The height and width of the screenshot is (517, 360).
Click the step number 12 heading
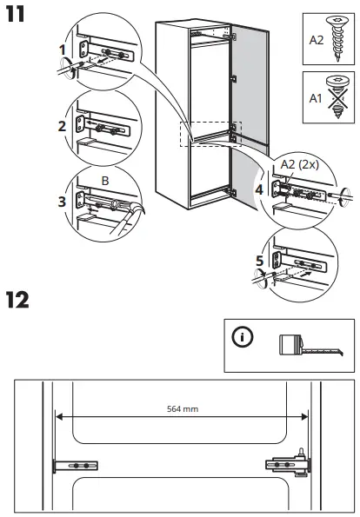coord(18,301)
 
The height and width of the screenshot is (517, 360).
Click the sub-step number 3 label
coord(62,202)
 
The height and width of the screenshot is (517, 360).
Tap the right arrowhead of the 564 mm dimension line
coord(303,414)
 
